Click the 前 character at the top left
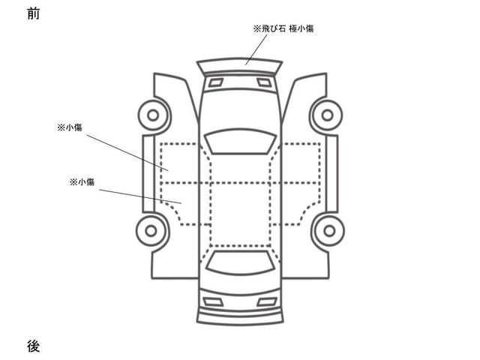32,13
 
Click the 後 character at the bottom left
32,346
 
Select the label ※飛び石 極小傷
283,28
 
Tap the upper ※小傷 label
69,127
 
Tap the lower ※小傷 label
81,181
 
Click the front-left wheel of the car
152,115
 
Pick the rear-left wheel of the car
152,230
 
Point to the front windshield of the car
240,141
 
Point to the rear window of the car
240,262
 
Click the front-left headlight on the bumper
216,82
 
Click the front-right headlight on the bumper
264,82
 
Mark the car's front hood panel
240,105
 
